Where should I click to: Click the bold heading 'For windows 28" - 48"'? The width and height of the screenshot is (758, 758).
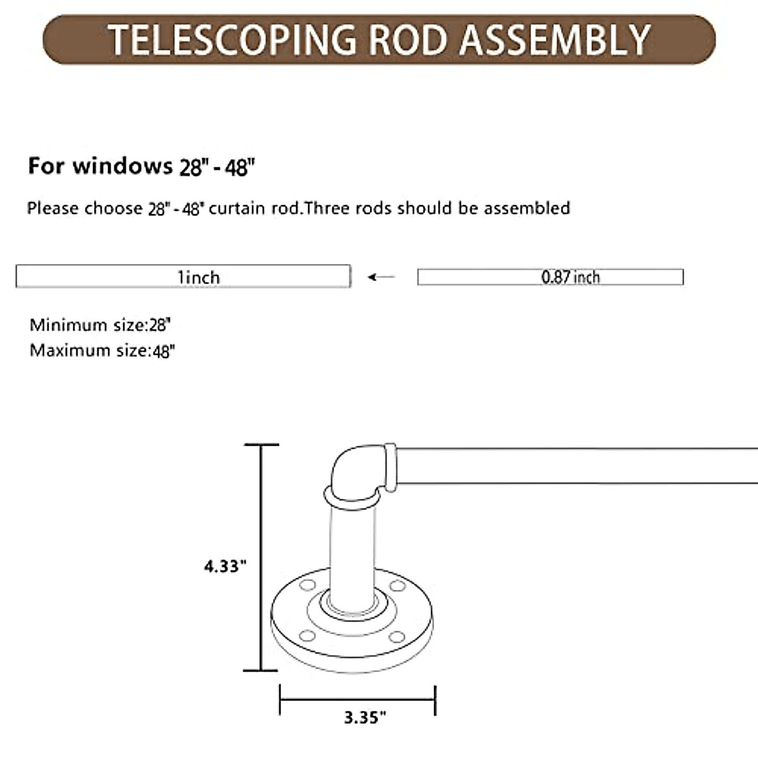click(x=141, y=166)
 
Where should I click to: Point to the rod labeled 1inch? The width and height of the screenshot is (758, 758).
click(x=183, y=277)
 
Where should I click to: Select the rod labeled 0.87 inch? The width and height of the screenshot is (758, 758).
click(x=550, y=277)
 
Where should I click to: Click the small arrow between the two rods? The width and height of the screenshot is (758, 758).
click(x=381, y=277)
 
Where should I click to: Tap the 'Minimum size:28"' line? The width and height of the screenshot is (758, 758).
click(x=100, y=325)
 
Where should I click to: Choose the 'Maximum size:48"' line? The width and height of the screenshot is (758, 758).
click(x=102, y=351)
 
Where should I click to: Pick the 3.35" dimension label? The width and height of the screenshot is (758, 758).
click(x=364, y=718)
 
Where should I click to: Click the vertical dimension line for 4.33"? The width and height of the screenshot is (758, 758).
click(x=261, y=556)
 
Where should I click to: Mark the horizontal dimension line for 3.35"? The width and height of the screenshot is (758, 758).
click(x=358, y=699)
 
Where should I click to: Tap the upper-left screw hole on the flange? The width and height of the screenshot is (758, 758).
click(x=308, y=584)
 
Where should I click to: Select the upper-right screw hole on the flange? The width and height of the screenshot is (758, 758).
click(x=397, y=586)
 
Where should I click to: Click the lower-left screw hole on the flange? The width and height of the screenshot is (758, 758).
click(x=307, y=635)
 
